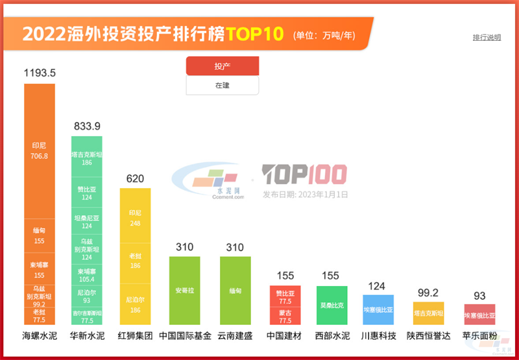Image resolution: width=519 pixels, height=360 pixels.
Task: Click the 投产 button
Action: click(x=223, y=66)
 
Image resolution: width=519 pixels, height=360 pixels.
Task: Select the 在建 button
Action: click(x=223, y=85)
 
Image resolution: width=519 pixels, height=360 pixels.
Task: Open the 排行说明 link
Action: click(x=487, y=37)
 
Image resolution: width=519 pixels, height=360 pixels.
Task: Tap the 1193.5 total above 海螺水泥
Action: click(x=40, y=73)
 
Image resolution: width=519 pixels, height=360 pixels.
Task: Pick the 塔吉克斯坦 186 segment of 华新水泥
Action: click(x=86, y=156)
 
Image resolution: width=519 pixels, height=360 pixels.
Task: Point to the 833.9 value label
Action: click(x=86, y=126)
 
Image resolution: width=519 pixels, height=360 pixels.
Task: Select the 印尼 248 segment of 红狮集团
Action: click(x=135, y=216)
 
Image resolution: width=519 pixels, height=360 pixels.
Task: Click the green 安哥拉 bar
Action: click(x=185, y=290)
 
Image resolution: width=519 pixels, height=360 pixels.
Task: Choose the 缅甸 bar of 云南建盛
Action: click(x=235, y=290)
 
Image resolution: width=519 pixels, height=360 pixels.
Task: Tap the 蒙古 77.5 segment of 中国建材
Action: click(x=285, y=317)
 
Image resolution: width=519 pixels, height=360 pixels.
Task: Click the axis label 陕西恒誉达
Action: click(x=428, y=336)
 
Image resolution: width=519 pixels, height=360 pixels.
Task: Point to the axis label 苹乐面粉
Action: click(x=479, y=336)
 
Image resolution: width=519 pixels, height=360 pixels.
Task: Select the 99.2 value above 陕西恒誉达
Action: click(x=428, y=292)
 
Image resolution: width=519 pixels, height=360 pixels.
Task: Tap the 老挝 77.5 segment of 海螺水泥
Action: click(x=40, y=316)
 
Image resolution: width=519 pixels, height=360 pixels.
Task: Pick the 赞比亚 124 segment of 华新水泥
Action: click(x=86, y=193)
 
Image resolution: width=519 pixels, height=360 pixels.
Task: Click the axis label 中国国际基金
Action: click(x=185, y=336)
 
